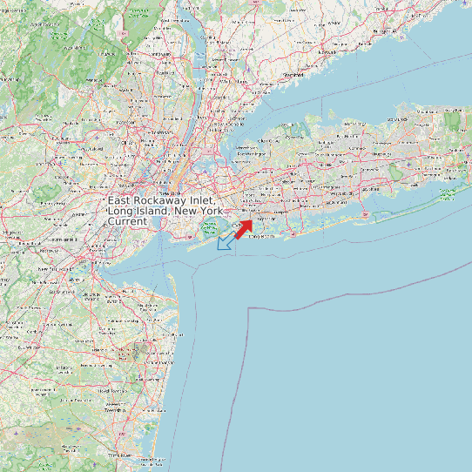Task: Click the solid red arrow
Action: coord(244,228)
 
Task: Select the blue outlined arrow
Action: coord(226,242)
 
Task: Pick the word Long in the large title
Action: coord(121,212)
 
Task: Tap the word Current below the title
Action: coord(127,222)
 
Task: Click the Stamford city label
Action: coord(293,75)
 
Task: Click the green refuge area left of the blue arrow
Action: coord(210,228)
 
